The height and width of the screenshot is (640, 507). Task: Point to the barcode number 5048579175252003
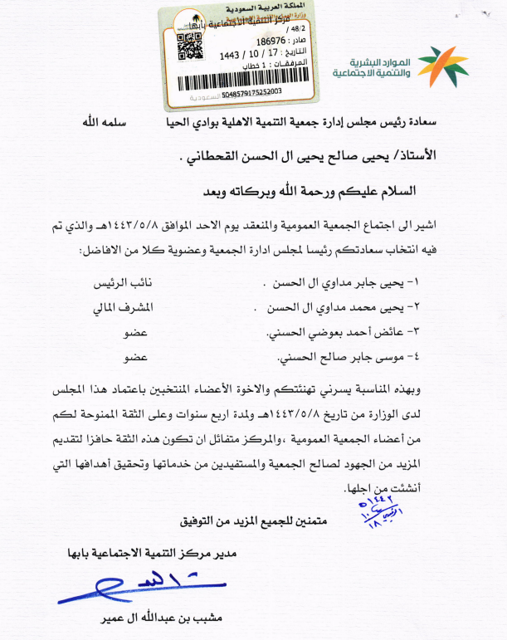click(246, 91)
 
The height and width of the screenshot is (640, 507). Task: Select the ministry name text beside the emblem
click(373, 69)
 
